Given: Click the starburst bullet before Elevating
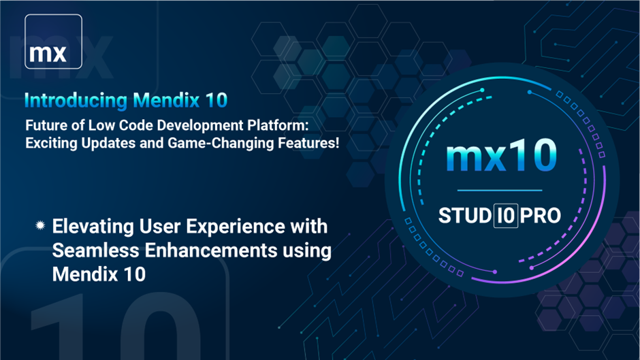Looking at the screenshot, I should tap(40, 225).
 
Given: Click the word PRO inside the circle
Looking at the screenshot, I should tap(541, 216).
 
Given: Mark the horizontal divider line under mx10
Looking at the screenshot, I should tap(500, 190).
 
